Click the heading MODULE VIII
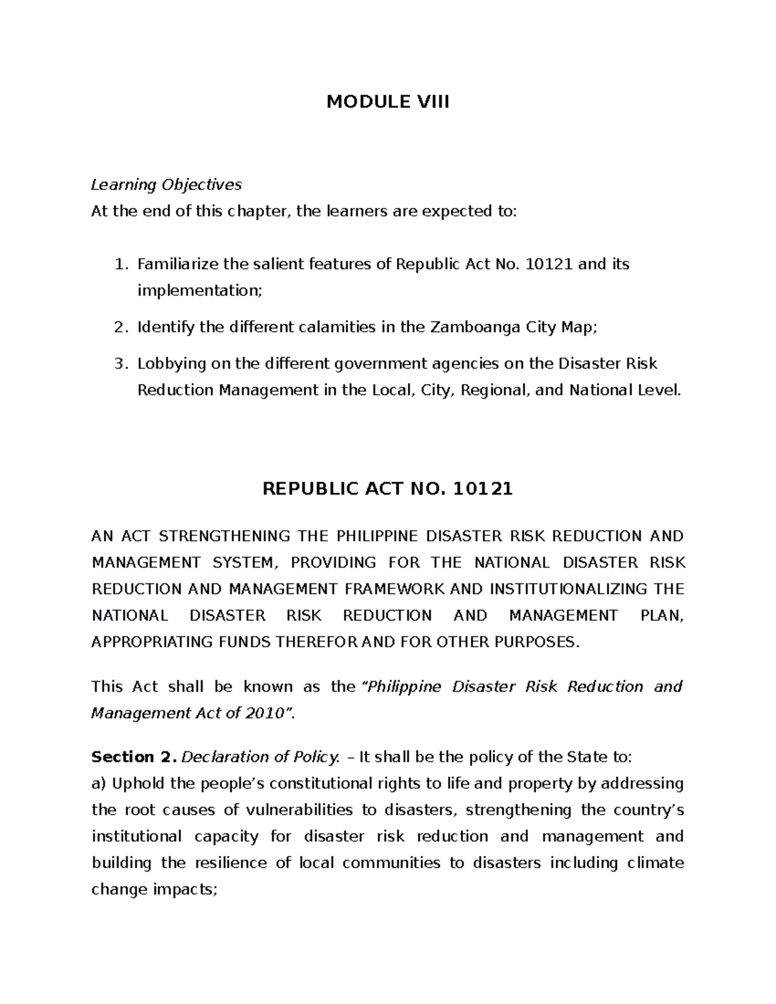tap(387, 102)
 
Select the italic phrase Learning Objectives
tap(166, 185)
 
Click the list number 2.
tap(119, 328)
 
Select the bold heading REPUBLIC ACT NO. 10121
tap(387, 489)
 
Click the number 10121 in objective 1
tap(550, 264)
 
